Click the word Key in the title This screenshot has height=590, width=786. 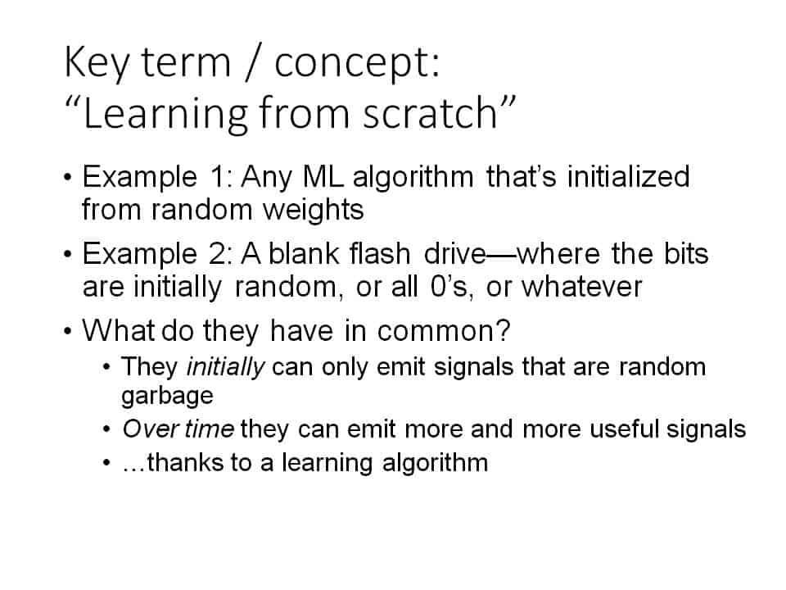click(x=97, y=62)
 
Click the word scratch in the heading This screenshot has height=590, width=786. click(x=430, y=112)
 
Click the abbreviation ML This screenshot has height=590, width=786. click(x=323, y=177)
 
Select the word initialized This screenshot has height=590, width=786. click(x=629, y=177)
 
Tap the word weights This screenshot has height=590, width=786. click(x=314, y=210)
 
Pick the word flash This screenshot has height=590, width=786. click(x=381, y=253)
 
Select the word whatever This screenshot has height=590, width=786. click(x=582, y=287)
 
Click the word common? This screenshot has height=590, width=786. click(x=444, y=331)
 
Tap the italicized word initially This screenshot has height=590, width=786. click(x=225, y=367)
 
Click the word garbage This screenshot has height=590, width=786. click(x=167, y=397)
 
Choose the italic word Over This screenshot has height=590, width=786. click(x=151, y=429)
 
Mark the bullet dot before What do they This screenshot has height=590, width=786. click(x=68, y=332)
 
